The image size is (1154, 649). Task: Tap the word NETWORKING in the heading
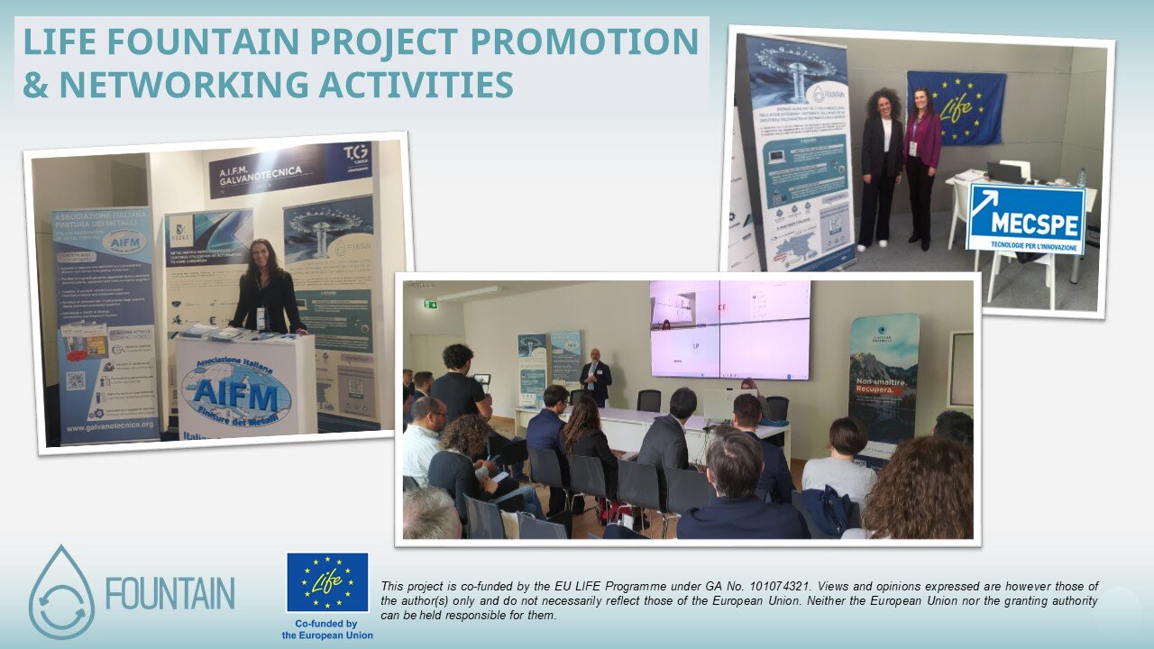coord(177,84)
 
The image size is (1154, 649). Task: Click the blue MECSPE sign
coord(1025,218)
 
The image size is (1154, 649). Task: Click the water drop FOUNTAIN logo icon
coord(60,592)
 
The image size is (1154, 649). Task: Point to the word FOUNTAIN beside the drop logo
coord(169,593)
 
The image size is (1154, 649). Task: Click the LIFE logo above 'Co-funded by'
coord(327,583)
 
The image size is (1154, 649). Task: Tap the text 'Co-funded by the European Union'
coord(327,629)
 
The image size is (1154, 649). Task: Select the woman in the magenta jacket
coord(923,167)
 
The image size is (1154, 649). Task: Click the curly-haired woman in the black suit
coord(881,167)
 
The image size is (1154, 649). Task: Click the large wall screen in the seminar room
coord(729,328)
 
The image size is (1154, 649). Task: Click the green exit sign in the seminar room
coord(431,304)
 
